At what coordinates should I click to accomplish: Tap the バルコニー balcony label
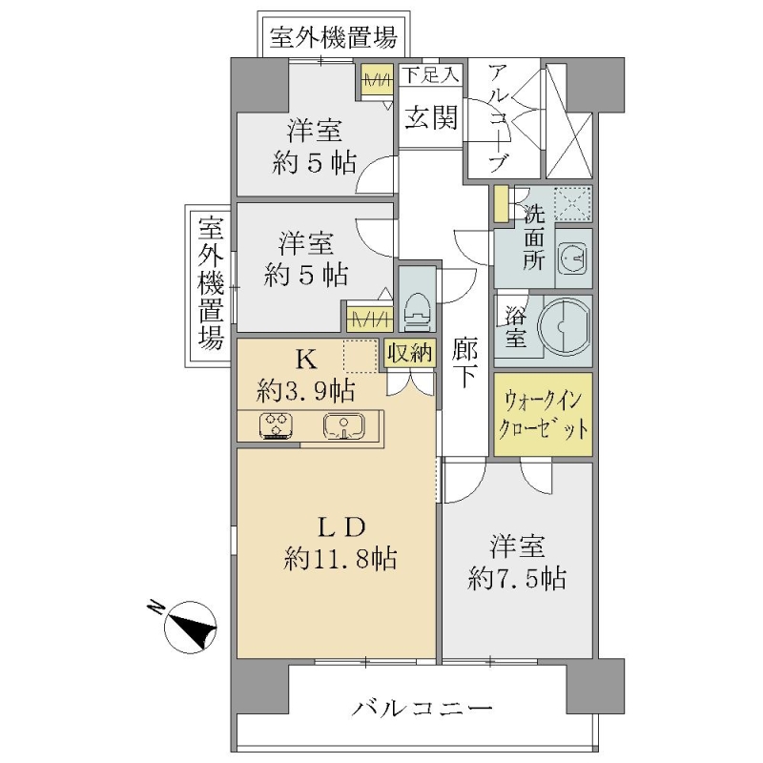422,708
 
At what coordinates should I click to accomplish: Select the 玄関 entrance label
431,117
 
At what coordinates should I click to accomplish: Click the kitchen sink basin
343,426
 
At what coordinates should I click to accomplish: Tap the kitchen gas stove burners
277,426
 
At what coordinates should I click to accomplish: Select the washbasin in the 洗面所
573,258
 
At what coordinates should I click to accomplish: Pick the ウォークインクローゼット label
543,415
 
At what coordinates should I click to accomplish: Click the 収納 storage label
410,352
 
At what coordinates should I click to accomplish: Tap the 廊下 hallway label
464,362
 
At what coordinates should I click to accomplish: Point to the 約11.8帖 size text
340,559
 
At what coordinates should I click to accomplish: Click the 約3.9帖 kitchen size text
305,391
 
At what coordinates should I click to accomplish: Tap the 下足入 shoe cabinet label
430,75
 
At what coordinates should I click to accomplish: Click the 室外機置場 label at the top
334,38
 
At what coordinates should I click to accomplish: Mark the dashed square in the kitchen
361,357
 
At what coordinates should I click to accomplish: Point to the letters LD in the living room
341,527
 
